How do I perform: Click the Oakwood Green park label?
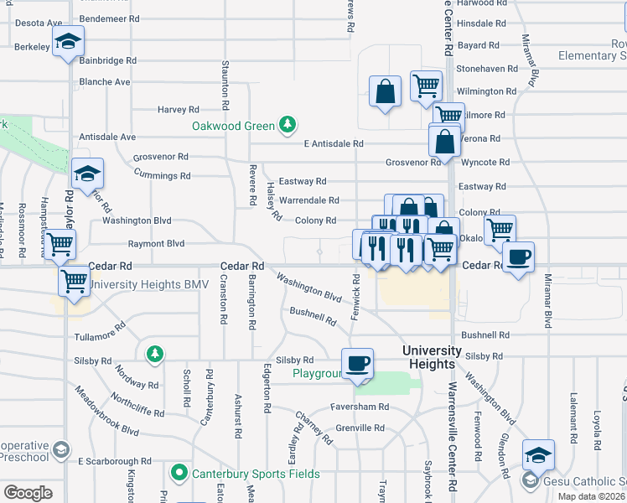tap(233, 126)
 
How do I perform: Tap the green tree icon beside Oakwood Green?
tap(288, 125)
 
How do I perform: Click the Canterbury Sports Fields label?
tap(255, 474)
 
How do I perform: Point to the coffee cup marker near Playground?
tap(358, 363)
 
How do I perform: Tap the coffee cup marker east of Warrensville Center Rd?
tap(518, 256)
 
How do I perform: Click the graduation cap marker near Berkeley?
tap(68, 40)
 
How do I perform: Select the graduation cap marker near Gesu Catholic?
tap(538, 454)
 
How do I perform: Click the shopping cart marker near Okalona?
tap(500, 228)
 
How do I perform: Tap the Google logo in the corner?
tap(28, 492)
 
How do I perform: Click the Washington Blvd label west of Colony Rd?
tap(137, 220)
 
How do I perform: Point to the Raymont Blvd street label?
tap(156, 244)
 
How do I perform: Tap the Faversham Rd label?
tap(360, 407)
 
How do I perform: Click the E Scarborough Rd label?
tap(115, 461)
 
